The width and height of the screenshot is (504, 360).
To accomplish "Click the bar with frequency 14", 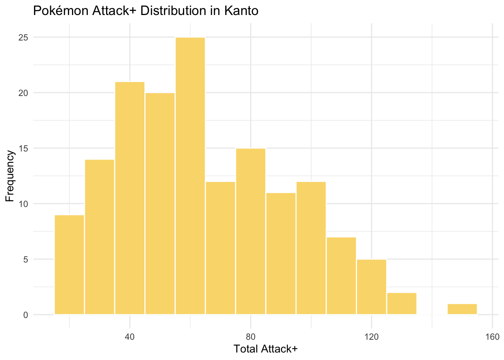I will pos(99,237).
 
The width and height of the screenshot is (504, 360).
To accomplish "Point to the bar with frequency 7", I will pos(341,276).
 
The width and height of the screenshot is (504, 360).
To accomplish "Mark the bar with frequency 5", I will pos(371,286).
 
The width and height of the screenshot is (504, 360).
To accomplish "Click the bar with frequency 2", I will pos(402,303).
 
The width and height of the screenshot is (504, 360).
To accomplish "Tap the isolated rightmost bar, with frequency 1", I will pos(462,309).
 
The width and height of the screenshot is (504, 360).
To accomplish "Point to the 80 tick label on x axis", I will pos(250,336).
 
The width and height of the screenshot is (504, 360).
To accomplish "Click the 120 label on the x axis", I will pos(371,336).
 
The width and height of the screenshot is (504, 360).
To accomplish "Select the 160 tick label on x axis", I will pos(492,336).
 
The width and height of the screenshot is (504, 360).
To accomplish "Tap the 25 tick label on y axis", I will pos(23,37).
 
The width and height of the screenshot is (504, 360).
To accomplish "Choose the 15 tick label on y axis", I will pos(23,148).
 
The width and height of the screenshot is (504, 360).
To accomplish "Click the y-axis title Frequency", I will pos(10,176).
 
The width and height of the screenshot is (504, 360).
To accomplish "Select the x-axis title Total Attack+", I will pos(265,349).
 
